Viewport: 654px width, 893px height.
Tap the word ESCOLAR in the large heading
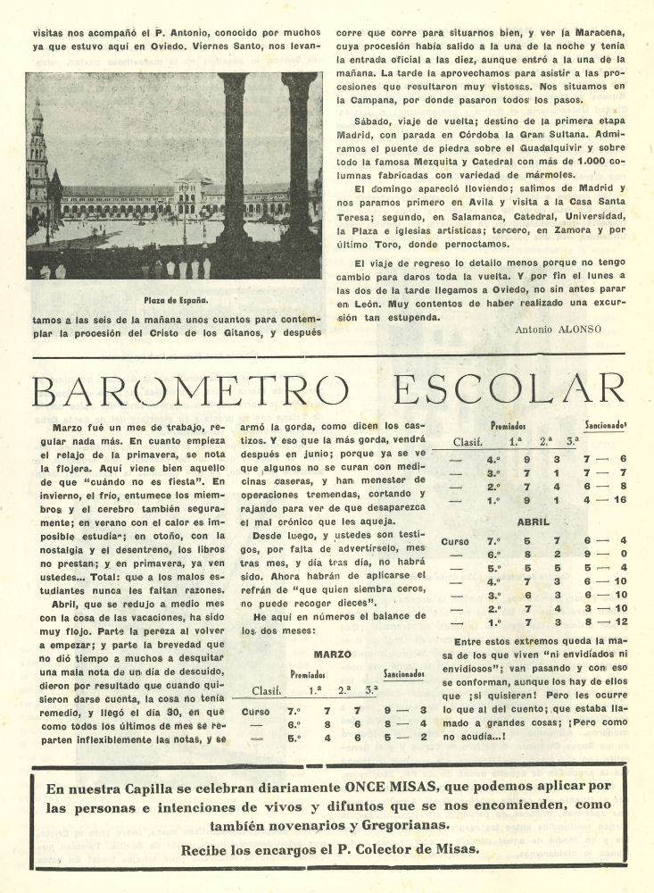click(509, 390)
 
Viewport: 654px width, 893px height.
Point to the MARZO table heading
click(332, 654)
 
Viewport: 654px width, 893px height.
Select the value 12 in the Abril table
click(619, 622)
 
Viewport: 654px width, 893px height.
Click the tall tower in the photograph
click(37, 165)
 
